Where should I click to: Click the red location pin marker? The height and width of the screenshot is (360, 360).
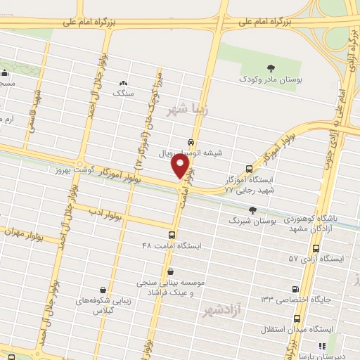(x=181, y=167)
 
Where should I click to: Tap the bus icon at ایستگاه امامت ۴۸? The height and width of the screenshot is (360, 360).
(x=172, y=235)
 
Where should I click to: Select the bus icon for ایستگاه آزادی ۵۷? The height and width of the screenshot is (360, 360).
(x=316, y=248)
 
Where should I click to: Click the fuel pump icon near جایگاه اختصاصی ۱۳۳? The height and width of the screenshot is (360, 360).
(x=295, y=288)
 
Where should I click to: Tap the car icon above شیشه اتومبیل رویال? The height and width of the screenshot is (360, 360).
(x=191, y=141)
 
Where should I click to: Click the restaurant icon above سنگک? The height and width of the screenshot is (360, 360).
(x=124, y=82)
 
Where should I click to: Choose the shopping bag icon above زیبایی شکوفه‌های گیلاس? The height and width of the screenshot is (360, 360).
(x=103, y=289)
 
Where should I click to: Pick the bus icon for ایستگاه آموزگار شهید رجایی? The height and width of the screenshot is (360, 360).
(x=249, y=169)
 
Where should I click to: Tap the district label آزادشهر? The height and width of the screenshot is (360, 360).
(x=224, y=310)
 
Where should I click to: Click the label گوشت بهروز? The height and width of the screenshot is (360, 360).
(x=71, y=171)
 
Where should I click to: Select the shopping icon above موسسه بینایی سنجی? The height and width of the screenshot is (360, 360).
(x=170, y=271)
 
